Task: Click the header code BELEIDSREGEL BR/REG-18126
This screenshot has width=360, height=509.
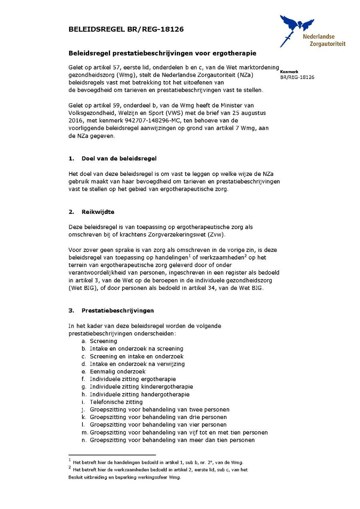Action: [126, 29]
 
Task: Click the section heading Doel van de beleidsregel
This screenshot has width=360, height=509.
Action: [119, 158]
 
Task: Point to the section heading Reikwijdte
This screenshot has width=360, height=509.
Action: [98, 212]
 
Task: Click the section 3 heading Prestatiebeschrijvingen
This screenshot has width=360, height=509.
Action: [118, 310]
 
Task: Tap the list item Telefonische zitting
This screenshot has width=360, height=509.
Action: [116, 402]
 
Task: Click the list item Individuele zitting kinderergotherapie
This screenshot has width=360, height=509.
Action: [141, 387]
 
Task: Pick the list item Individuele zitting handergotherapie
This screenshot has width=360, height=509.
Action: [140, 394]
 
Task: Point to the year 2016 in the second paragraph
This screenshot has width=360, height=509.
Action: [75, 120]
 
